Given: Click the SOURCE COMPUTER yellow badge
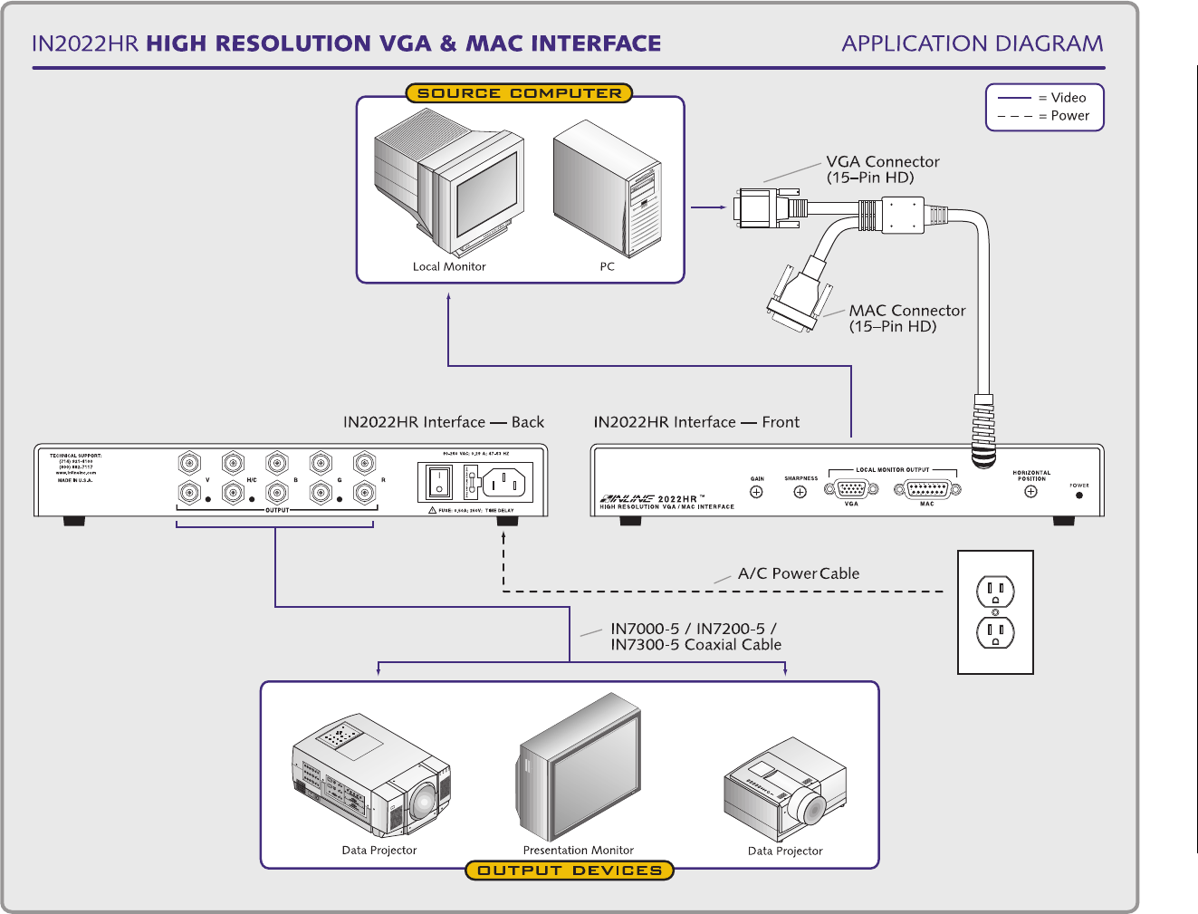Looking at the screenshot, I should point(519,93).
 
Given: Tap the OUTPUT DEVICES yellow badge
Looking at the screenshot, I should point(570,871).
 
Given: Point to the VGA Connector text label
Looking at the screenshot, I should point(882,169).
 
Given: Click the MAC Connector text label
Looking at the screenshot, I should point(906,318).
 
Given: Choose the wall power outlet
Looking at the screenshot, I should point(995,612).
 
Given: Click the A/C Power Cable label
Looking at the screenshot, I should point(798,573).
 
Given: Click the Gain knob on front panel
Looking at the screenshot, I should point(756,492).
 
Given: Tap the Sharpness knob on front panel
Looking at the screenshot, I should point(800,492).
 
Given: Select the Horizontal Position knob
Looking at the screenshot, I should point(1030,491).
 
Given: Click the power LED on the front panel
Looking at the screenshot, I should point(1078,495).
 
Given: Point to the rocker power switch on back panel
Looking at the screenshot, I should point(439,482).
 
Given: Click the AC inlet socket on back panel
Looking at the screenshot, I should point(503,482).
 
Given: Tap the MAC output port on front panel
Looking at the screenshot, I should point(927,489).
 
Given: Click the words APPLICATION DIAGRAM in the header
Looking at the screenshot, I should point(972,43).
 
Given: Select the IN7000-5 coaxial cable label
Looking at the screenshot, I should point(695,637).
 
